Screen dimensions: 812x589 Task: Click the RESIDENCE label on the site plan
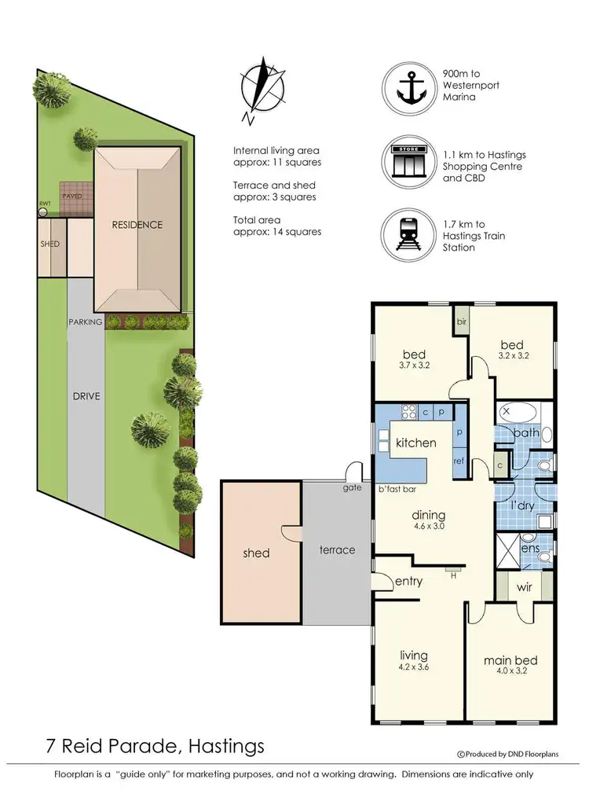[137, 225]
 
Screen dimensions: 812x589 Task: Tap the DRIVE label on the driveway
[86, 396]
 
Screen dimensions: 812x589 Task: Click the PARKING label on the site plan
[85, 321]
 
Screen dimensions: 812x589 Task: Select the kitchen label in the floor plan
[415, 443]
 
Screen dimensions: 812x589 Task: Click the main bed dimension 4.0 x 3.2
[510, 673]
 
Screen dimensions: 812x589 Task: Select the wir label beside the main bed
[524, 587]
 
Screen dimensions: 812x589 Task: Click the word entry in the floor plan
[408, 582]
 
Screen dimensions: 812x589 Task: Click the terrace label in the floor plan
[337, 550]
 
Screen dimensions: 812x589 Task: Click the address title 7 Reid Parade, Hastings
[154, 745]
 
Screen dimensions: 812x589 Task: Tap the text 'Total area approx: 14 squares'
[277, 226]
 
